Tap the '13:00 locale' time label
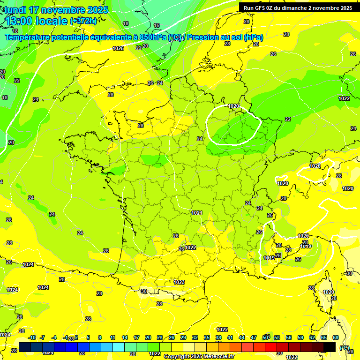tap(36, 21)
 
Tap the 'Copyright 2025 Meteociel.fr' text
tap(199, 356)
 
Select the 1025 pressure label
tap(118, 48)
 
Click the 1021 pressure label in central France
tap(197, 213)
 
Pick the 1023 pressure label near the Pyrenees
tap(179, 282)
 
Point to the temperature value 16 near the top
tap(157, 25)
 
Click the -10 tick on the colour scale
tap(32, 337)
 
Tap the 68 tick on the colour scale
tap(336, 337)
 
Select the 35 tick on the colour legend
tap(207, 337)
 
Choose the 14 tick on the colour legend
tap(125, 337)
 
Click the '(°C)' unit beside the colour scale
tap(345, 348)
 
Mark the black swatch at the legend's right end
tap(330, 347)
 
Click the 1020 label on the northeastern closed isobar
tap(233, 106)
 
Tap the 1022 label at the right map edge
tap(344, 98)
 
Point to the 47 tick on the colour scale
tap(254, 337)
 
